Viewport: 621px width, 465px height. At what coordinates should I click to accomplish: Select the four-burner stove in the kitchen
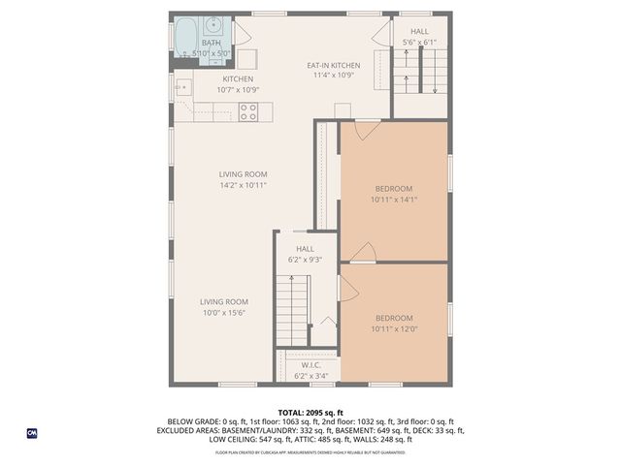[x=248, y=111]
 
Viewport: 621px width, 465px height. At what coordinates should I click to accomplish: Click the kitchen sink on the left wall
[x=181, y=88]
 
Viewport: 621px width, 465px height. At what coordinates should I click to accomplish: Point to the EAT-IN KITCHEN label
[x=333, y=66]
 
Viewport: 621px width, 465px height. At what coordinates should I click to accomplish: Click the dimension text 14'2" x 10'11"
[x=242, y=184]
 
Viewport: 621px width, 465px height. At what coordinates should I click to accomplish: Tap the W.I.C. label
[x=310, y=365]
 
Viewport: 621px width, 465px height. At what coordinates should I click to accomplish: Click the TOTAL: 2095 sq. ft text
[x=310, y=412]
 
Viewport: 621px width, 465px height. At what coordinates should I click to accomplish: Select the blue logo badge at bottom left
[x=32, y=432]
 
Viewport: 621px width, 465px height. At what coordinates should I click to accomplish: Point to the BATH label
[x=210, y=43]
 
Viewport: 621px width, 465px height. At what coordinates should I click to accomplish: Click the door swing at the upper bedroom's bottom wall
[x=363, y=253]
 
